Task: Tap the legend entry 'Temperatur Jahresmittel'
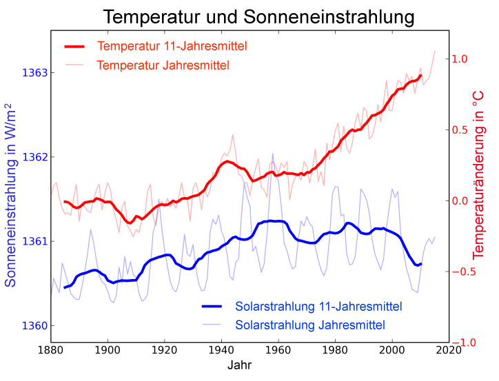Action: pos(163,65)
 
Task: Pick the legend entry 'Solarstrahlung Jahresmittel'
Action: pos(309,324)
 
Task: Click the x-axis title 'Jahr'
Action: pos(240,366)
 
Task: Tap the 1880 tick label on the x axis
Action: pos(49,350)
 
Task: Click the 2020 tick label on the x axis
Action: pos(449,350)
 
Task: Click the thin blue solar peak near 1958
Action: pos(272,154)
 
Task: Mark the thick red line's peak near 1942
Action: pos(227,161)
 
